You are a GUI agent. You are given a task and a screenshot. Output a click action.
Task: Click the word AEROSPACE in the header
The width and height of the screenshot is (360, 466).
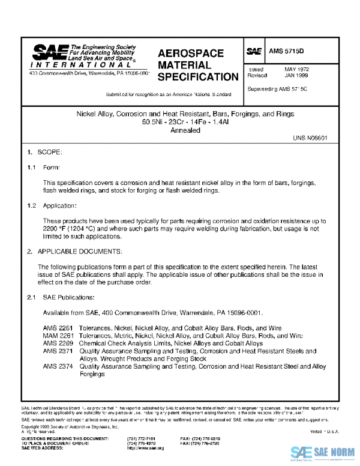(191, 53)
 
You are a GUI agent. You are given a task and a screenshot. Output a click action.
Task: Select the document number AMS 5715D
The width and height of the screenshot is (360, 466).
(287, 52)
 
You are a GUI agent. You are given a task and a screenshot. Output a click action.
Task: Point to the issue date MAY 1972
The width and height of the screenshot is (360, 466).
(296, 70)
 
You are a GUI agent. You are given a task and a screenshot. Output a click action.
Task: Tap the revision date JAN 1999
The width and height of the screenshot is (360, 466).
(296, 76)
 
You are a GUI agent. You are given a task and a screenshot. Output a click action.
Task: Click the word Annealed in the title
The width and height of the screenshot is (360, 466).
(185, 130)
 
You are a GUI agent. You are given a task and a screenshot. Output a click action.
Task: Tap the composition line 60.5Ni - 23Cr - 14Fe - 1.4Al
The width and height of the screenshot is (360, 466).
(185, 122)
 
